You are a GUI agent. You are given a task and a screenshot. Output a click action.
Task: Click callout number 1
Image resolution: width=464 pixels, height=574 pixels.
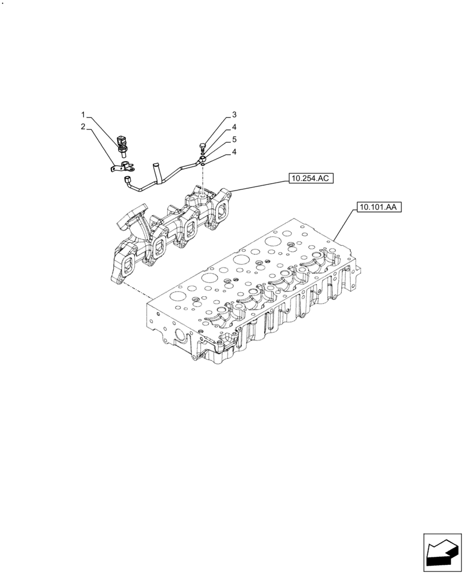[x=83, y=114]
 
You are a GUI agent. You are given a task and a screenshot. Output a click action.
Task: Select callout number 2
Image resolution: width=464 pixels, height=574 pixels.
[x=83, y=126]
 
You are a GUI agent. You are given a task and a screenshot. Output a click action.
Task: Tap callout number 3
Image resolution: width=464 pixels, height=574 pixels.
[x=234, y=114]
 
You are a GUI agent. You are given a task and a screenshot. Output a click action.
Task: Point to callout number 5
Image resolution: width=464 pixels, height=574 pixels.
[x=234, y=139]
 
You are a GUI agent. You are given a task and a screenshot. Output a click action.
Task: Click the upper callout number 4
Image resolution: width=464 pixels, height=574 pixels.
[x=234, y=127]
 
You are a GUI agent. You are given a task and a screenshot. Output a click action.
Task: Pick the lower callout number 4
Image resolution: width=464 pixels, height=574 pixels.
[x=234, y=152]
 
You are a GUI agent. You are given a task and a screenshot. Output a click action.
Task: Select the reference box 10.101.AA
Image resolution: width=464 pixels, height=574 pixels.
[x=378, y=207]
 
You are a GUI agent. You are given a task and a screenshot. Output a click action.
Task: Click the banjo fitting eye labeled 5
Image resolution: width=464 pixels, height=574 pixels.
[x=202, y=161]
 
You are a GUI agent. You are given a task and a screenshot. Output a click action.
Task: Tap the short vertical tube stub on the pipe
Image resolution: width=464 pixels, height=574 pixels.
[x=154, y=170]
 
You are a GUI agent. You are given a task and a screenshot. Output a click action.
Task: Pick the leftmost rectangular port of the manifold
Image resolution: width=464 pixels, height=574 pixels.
[x=128, y=265]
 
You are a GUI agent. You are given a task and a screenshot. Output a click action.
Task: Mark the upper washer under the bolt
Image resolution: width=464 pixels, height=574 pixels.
[x=203, y=154]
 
